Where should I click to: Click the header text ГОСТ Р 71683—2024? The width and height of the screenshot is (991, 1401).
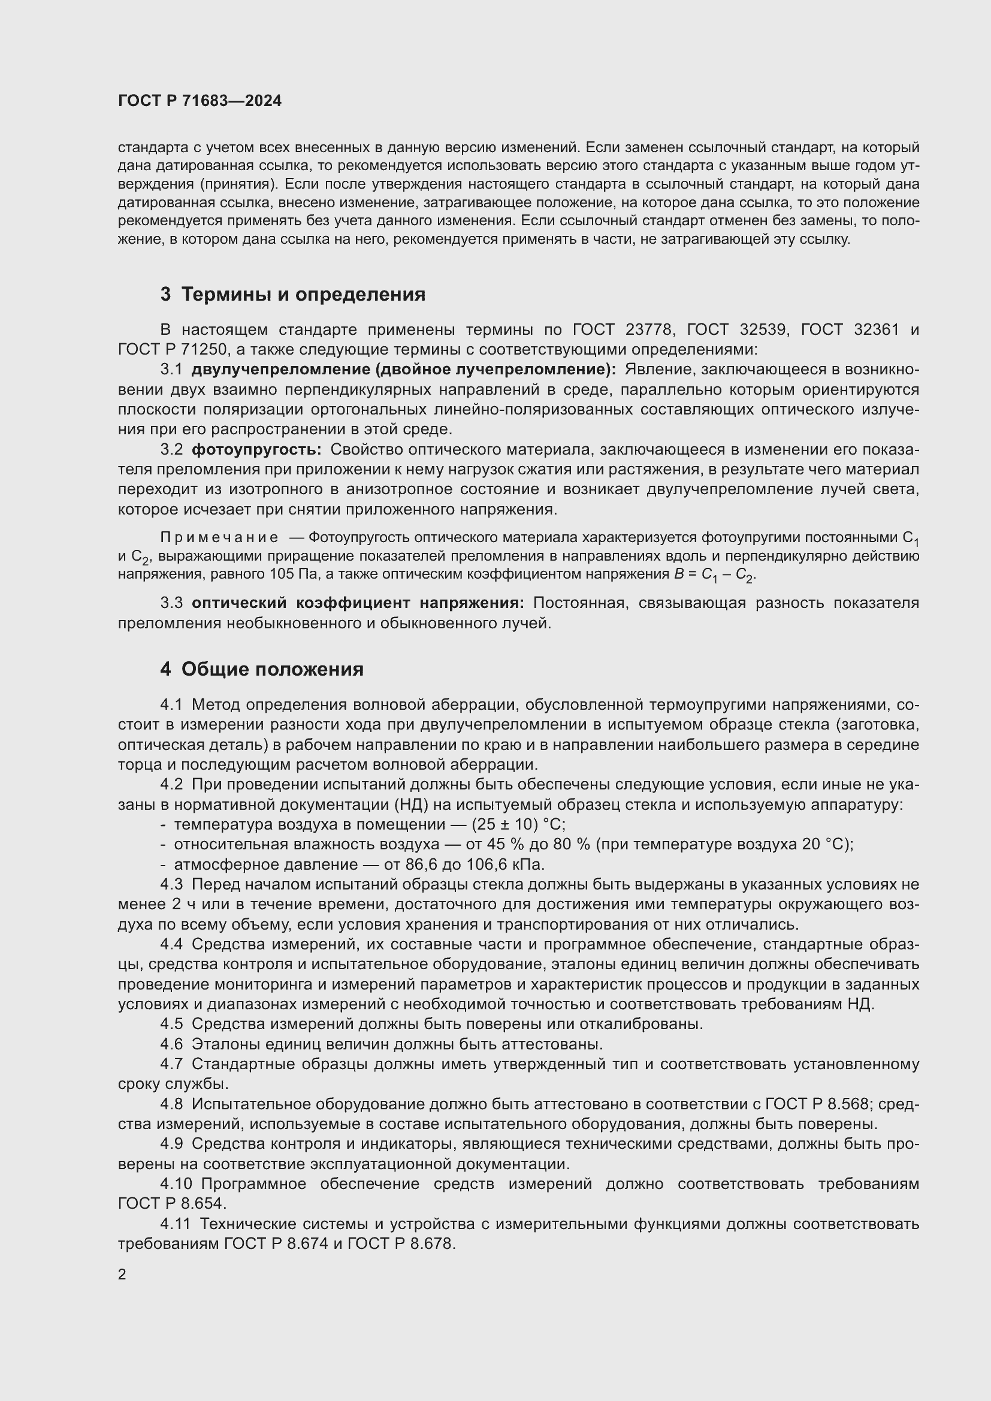click(200, 101)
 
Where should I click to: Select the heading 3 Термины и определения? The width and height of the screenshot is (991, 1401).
click(293, 294)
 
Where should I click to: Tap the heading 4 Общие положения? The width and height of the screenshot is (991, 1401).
click(262, 669)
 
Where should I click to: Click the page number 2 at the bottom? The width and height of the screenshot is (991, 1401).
click(122, 1274)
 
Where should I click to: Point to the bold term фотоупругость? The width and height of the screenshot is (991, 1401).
click(256, 449)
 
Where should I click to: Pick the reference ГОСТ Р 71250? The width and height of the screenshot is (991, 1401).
click(173, 350)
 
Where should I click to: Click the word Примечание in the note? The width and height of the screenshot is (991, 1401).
click(219, 537)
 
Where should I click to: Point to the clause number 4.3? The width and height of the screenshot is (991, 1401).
click(171, 884)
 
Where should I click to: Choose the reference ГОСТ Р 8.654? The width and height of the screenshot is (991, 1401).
click(171, 1204)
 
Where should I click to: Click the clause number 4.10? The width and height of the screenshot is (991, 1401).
click(176, 1184)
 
